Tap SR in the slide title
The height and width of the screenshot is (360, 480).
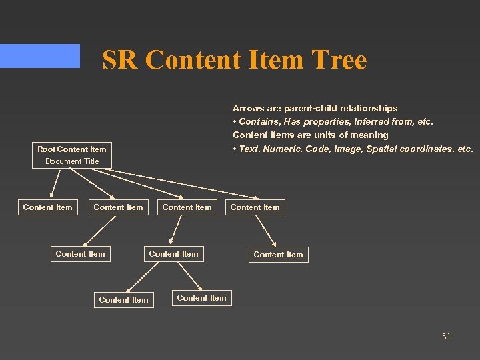[121, 60]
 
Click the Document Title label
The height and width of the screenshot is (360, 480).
[72, 161]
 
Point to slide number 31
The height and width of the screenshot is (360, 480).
[446, 336]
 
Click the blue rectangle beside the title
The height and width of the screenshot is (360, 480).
[40, 56]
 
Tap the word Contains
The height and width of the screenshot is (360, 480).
[255, 121]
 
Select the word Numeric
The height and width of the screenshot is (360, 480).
[282, 149]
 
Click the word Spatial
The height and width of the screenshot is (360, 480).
[381, 149]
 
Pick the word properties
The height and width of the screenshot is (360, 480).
[323, 121]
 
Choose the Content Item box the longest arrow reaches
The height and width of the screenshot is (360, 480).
[255, 207]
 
